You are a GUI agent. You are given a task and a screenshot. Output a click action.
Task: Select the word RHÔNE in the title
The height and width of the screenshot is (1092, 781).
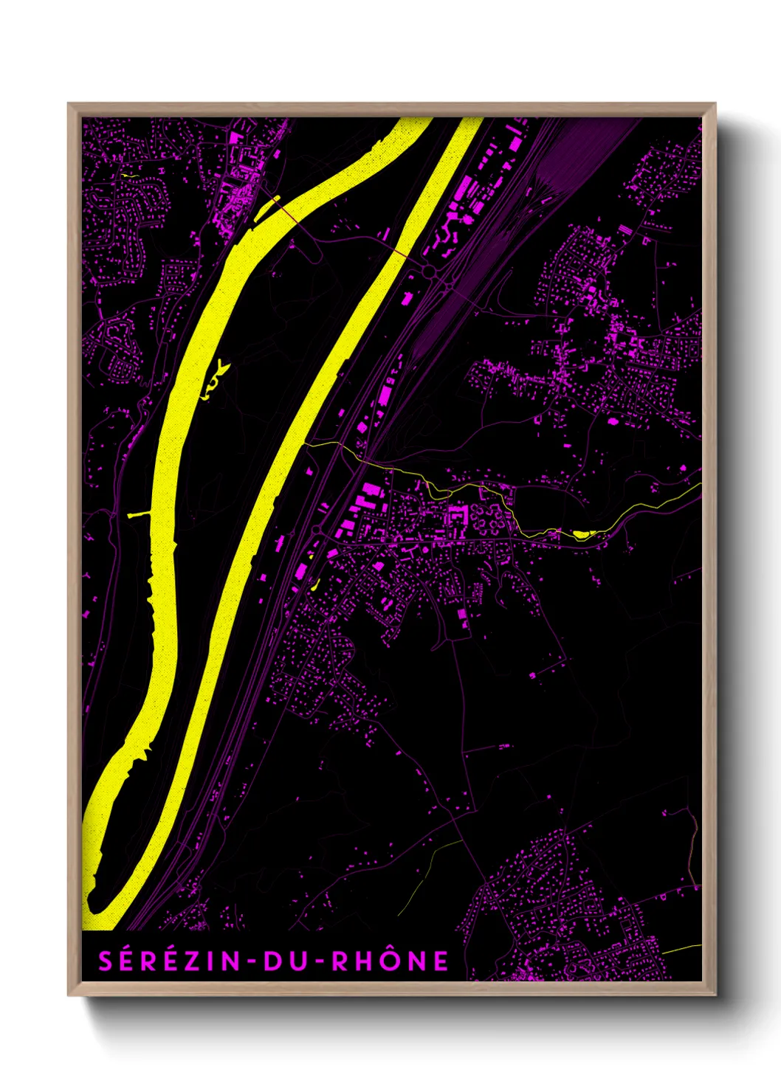390,961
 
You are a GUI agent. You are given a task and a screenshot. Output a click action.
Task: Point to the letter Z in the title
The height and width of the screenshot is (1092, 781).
189,961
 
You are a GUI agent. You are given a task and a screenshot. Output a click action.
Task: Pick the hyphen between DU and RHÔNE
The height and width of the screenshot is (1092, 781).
315,961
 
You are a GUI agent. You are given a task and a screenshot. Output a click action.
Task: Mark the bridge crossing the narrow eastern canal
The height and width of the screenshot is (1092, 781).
399,253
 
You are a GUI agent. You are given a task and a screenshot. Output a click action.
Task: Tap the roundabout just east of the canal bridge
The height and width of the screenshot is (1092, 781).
429,272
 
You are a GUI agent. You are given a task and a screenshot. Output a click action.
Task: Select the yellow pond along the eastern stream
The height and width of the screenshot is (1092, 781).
582,534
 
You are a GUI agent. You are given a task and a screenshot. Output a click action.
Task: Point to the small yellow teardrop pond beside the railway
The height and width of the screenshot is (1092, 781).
315,585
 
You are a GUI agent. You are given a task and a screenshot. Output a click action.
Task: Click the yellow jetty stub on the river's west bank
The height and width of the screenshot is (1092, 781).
138,514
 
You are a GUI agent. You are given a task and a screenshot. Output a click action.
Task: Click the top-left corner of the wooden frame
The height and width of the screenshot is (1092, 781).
69,104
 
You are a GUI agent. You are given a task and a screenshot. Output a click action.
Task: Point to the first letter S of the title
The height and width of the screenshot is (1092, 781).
106,961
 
